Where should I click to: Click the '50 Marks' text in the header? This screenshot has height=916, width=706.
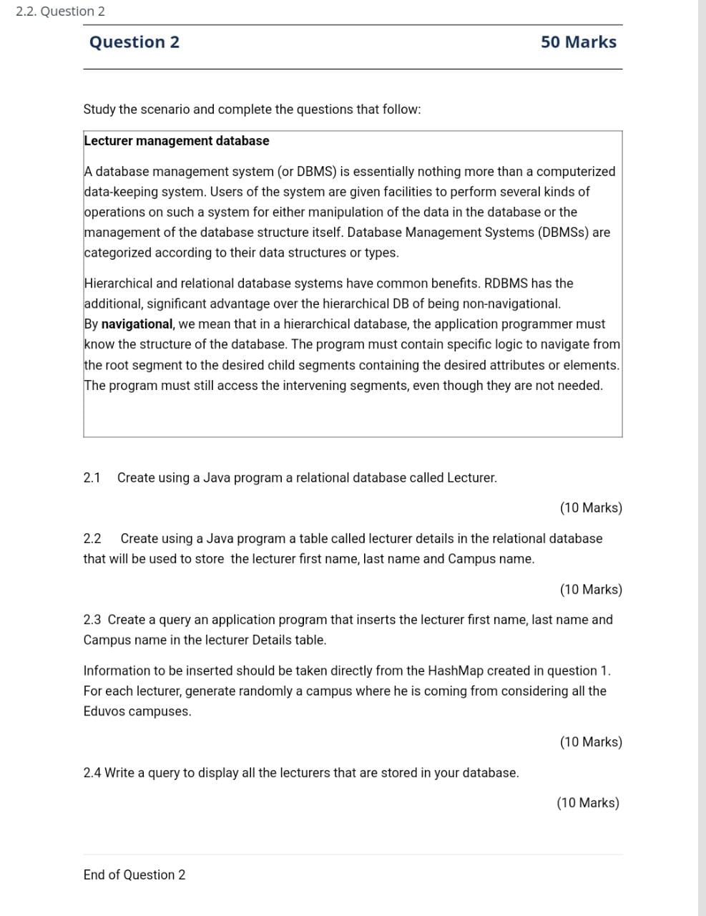[x=578, y=42]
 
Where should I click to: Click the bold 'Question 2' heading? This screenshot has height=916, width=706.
[x=134, y=42]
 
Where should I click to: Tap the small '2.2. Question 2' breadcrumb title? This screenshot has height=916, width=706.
[x=60, y=11]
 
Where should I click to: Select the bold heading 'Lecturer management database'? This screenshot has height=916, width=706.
[x=176, y=141]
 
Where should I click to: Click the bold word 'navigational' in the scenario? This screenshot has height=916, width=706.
[x=137, y=324]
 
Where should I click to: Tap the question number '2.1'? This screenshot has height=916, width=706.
[x=92, y=478]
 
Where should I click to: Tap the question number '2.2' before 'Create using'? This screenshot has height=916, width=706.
[x=92, y=539]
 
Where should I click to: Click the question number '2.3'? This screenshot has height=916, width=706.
[x=92, y=620]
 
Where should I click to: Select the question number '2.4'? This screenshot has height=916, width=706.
[x=92, y=773]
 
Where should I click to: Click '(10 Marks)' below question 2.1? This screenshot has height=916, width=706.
[x=591, y=508]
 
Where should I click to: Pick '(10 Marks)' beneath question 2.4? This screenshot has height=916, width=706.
[x=588, y=803]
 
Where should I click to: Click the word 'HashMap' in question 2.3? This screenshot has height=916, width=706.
[x=456, y=671]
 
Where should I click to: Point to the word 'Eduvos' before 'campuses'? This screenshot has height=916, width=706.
[x=104, y=712]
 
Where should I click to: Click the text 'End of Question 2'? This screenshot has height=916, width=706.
[x=134, y=875]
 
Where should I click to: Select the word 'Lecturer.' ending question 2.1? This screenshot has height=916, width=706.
[x=471, y=478]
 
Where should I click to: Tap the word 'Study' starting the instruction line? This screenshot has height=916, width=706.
[x=99, y=109]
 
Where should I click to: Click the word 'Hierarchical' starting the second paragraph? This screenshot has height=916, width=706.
[x=118, y=283]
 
